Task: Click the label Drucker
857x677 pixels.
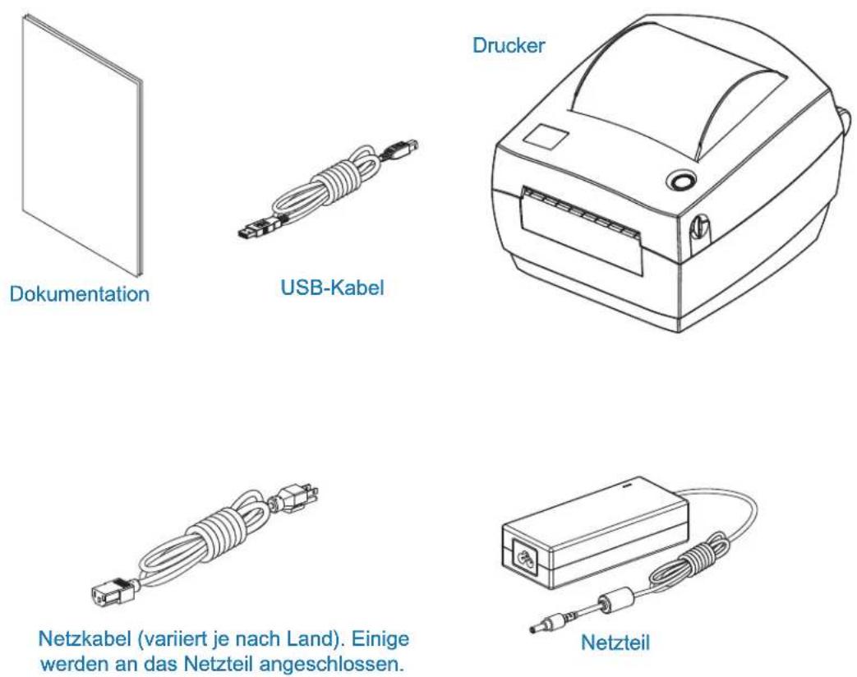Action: point(509,45)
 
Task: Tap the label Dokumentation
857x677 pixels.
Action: point(79,294)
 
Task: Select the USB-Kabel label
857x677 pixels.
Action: point(332,288)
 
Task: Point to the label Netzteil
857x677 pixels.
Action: point(615,642)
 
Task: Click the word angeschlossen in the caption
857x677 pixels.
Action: point(330,665)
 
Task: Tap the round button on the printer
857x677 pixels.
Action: point(682,180)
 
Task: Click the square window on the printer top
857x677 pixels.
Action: point(546,136)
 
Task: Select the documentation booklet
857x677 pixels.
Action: point(82,145)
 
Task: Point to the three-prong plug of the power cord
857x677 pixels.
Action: point(298,500)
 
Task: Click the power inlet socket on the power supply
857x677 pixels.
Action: point(523,559)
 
